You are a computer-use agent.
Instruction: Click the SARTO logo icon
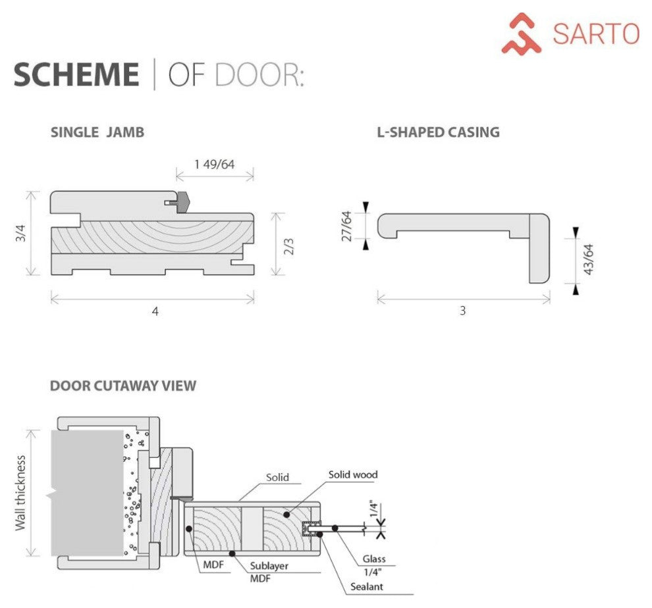coord(521,33)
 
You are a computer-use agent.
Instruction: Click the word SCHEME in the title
coord(76,74)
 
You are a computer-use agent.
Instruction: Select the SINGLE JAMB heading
coord(97,132)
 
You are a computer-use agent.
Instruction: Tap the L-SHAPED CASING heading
coord(438,132)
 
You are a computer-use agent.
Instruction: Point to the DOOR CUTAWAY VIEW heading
coord(123,386)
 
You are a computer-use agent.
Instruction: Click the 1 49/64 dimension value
coord(215,164)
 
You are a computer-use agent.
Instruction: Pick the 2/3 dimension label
coord(288,245)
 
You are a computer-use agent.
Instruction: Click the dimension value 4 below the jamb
coord(155,311)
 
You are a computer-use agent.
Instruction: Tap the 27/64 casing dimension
coord(348,225)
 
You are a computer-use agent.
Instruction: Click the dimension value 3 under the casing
coord(462,311)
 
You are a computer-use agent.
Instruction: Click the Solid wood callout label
coord(353,474)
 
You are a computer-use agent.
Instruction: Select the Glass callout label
coord(373,559)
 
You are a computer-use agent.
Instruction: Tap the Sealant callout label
coord(367,586)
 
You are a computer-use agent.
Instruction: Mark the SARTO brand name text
coord(596,34)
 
